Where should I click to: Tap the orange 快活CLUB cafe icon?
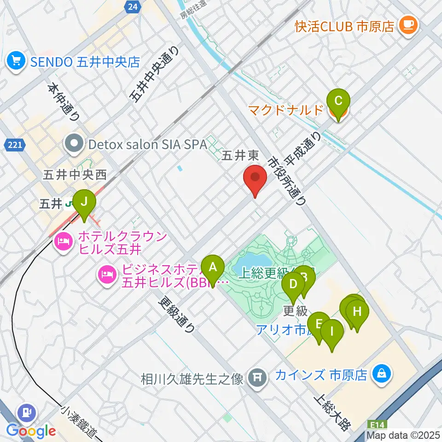click(408, 24)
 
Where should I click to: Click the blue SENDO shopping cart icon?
click(17, 61)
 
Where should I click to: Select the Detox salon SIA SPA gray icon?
click(74, 144)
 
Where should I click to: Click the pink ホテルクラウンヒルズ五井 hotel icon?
click(64, 243)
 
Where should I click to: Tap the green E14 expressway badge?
click(375, 426)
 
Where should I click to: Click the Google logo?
click(31, 430)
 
